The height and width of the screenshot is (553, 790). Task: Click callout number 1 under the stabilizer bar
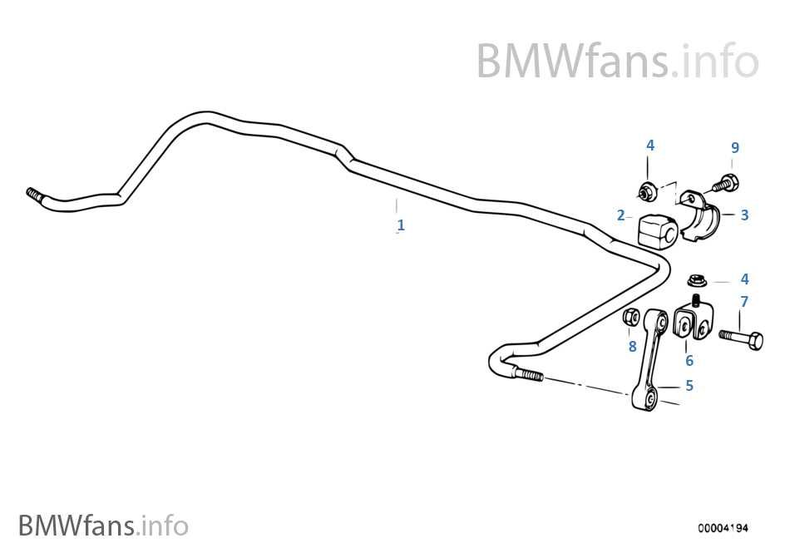(401, 225)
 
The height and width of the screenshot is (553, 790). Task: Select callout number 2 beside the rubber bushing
(620, 215)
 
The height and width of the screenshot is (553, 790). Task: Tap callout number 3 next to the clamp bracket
(744, 215)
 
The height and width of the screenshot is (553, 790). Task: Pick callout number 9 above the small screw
(735, 147)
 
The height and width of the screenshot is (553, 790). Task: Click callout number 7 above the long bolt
(744, 302)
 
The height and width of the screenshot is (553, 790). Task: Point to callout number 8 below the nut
(632, 347)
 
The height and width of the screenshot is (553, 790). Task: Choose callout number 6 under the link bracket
(689, 361)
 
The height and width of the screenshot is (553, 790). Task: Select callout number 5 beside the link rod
(689, 386)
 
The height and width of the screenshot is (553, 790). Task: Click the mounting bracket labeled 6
(694, 321)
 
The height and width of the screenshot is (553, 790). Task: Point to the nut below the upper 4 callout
(646, 191)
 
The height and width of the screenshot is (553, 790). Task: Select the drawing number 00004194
(723, 528)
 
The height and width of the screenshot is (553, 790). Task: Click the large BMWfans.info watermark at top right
(618, 61)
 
